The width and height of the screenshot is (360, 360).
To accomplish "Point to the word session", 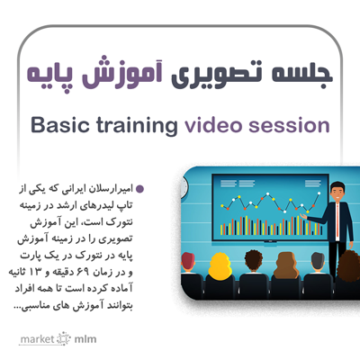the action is point(289,125).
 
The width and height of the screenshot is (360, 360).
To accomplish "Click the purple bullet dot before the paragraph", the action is point(139,189).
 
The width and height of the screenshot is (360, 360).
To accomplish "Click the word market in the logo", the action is point(37,339).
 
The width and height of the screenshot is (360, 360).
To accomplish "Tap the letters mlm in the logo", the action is point(85,339).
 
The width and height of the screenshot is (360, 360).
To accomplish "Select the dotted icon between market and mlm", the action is point(64,339).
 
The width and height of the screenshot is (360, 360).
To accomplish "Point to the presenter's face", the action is point(337,193).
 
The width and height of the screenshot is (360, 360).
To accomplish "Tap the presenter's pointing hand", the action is point(303,217).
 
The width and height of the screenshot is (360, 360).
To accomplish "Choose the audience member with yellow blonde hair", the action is point(220,265).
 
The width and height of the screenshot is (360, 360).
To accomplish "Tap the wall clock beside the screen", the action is point(184,186).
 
